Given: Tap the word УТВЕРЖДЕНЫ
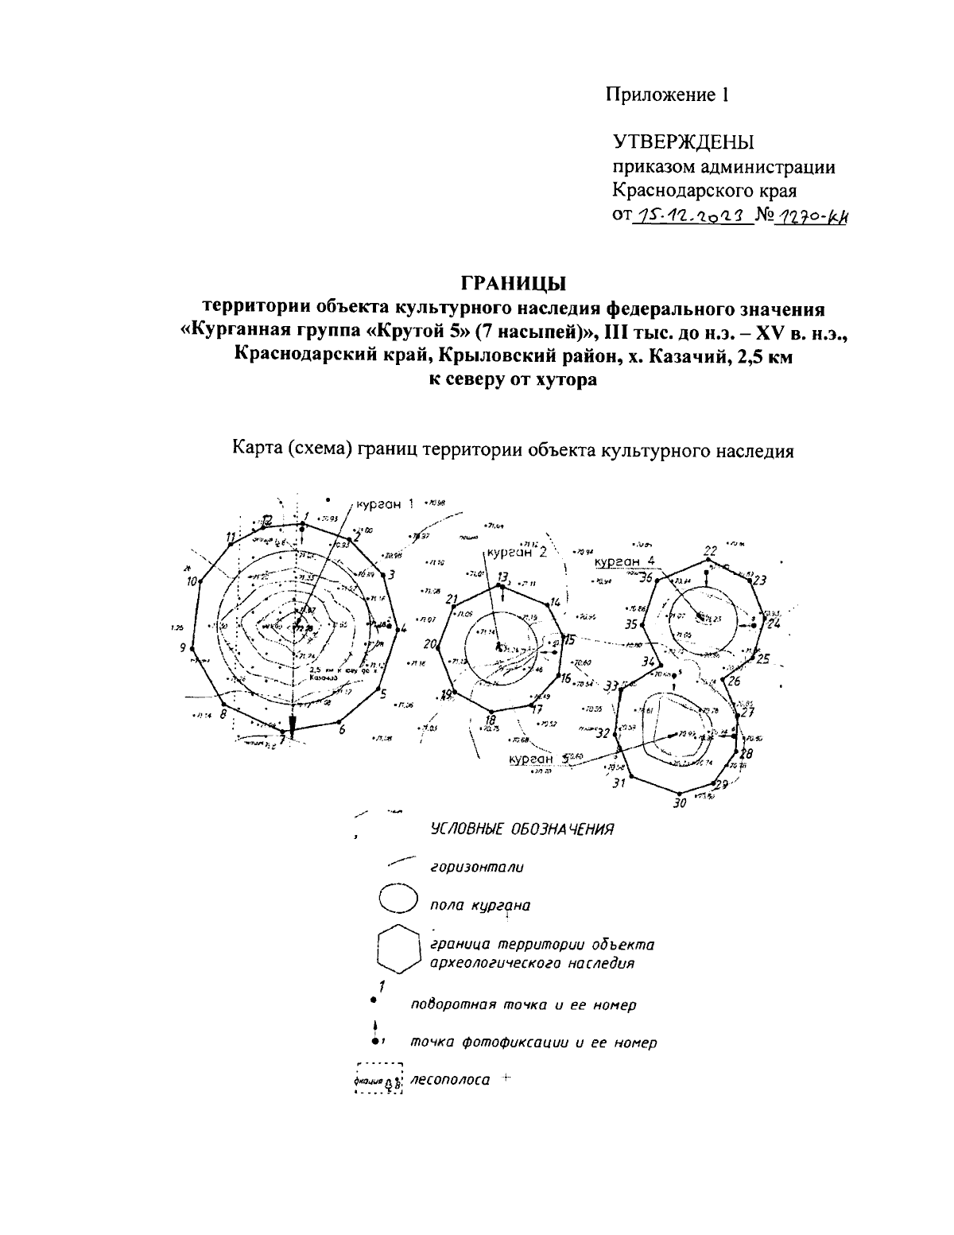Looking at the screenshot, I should pos(682,142).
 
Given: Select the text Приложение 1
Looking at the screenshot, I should pos(667,95).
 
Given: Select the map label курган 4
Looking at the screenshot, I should pos(624,561).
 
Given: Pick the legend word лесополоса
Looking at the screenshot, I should pos(449,1082).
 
